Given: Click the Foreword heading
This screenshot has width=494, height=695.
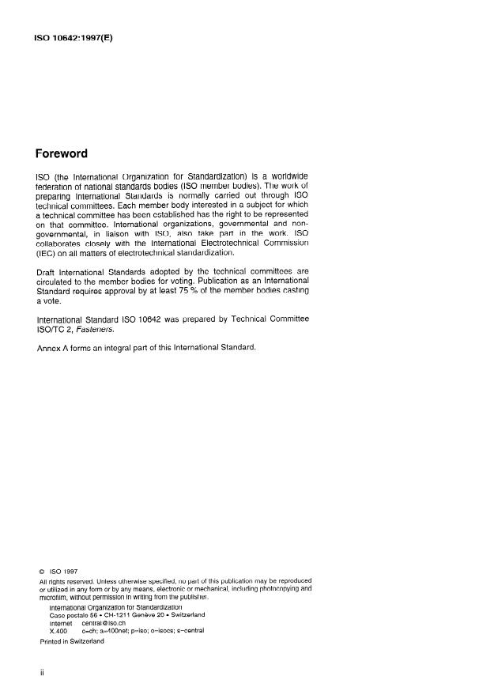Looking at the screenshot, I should [x=62, y=153].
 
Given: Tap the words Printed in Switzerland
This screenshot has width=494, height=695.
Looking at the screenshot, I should [x=71, y=641].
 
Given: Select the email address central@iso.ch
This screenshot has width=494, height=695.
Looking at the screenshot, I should [x=105, y=622].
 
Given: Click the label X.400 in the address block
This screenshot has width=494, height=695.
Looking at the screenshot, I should [x=59, y=631].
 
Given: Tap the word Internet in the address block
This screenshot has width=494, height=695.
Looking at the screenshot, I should [x=62, y=622].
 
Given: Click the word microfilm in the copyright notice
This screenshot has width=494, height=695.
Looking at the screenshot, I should [x=53, y=598].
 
